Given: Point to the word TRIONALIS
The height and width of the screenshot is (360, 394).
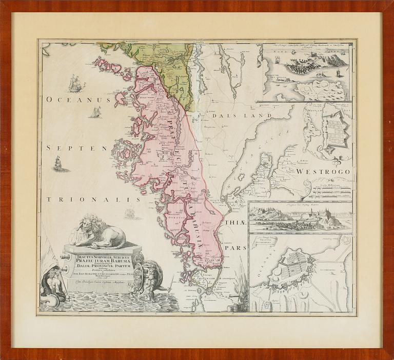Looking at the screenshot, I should pyautogui.click(x=93, y=199).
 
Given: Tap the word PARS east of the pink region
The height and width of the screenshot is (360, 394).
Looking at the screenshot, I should pyautogui.click(x=237, y=247).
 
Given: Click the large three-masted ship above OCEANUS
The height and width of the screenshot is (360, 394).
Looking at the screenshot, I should pyautogui.click(x=76, y=83).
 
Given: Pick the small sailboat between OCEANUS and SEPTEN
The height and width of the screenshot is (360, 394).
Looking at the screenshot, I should pyautogui.click(x=95, y=113).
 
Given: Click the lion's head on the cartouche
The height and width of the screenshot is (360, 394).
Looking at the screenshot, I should pyautogui.click(x=87, y=224).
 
